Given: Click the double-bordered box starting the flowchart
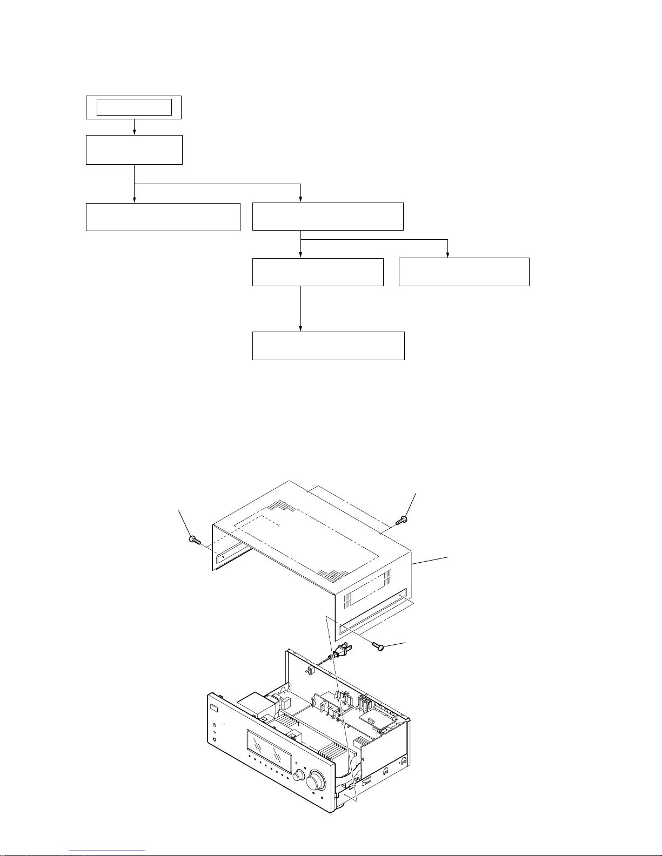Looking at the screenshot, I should [134, 107].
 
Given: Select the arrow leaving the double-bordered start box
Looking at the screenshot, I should [134, 127].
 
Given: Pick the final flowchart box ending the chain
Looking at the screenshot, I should [328, 346].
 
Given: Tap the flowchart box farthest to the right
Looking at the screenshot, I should [464, 272].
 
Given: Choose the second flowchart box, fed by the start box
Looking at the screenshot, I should [134, 150].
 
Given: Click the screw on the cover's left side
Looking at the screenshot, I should [195, 540].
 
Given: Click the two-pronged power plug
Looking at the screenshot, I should [340, 652].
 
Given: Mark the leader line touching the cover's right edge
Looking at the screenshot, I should [430, 560].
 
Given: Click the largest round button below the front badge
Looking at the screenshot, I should [215, 724].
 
